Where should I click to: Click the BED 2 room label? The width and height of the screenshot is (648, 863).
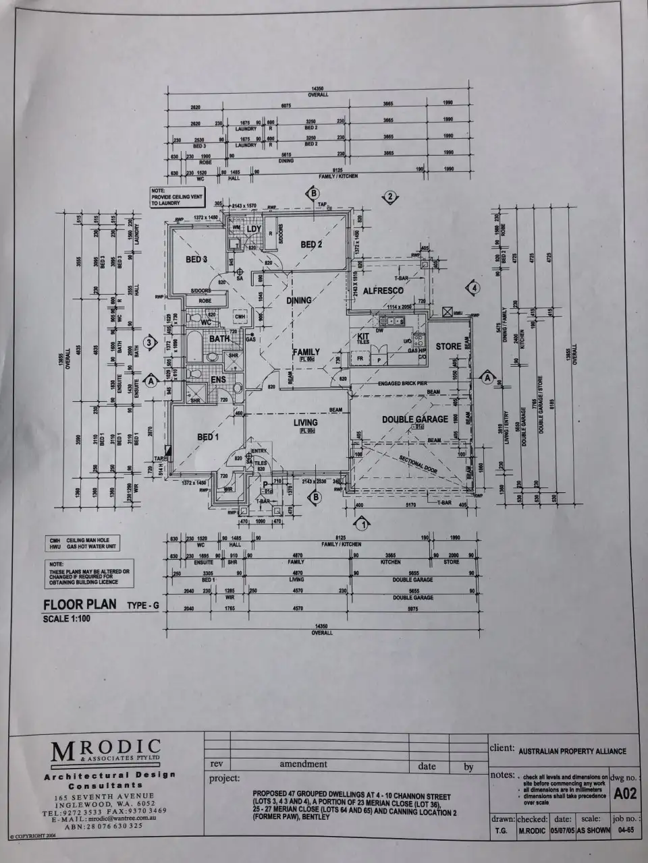pyautogui.click(x=310, y=244)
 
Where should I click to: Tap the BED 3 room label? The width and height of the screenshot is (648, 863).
pyautogui.click(x=196, y=260)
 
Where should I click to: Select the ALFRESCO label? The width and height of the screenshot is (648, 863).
pyautogui.click(x=383, y=291)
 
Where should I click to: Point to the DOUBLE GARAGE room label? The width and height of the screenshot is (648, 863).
pyautogui.click(x=415, y=419)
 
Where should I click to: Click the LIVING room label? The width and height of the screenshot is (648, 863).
pyautogui.click(x=305, y=423)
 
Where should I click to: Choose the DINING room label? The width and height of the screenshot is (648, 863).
pyautogui.click(x=299, y=300)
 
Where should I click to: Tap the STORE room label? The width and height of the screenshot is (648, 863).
pyautogui.click(x=448, y=347)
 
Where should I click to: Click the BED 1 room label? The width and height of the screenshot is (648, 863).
pyautogui.click(x=208, y=437)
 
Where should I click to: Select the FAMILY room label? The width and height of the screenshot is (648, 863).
pyautogui.click(x=306, y=352)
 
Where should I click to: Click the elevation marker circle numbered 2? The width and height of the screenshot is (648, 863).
pyautogui.click(x=389, y=197)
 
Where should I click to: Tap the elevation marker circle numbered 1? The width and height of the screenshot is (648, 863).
pyautogui.click(x=363, y=523)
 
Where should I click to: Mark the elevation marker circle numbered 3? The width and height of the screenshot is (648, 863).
pyautogui.click(x=153, y=342)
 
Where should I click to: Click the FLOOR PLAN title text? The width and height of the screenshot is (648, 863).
pyautogui.click(x=80, y=604)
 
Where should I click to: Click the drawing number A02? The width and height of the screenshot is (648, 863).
pyautogui.click(x=625, y=794)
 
